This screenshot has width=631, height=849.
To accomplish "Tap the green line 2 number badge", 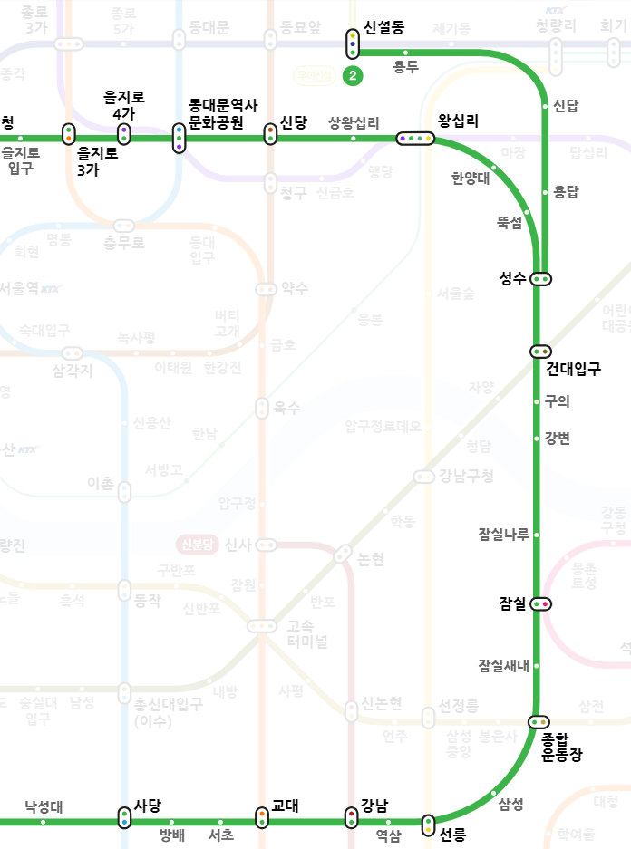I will click(352, 75).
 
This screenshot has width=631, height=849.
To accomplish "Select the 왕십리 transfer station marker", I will click(416, 138).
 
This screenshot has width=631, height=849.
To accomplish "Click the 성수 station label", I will click(512, 278).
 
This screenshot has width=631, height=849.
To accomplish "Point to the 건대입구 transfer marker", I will click(541, 351).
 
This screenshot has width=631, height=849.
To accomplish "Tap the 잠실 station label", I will click(512, 603).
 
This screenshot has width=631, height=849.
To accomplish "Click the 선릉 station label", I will click(452, 835).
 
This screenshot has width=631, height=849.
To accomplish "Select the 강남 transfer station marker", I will click(352, 818).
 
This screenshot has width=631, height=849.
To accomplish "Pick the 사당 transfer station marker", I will click(124, 818).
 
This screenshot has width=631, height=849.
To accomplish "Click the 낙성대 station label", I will click(44, 806).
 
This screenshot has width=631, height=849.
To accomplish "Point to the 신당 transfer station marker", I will click(270, 134).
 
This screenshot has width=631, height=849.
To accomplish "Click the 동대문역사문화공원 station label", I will click(223, 115).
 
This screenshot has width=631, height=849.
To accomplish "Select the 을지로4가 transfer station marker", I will click(124, 134).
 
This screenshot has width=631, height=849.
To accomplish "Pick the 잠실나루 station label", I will click(504, 535).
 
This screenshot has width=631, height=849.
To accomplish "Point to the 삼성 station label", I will click(510, 803).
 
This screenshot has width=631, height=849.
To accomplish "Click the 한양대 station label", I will click(471, 178).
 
